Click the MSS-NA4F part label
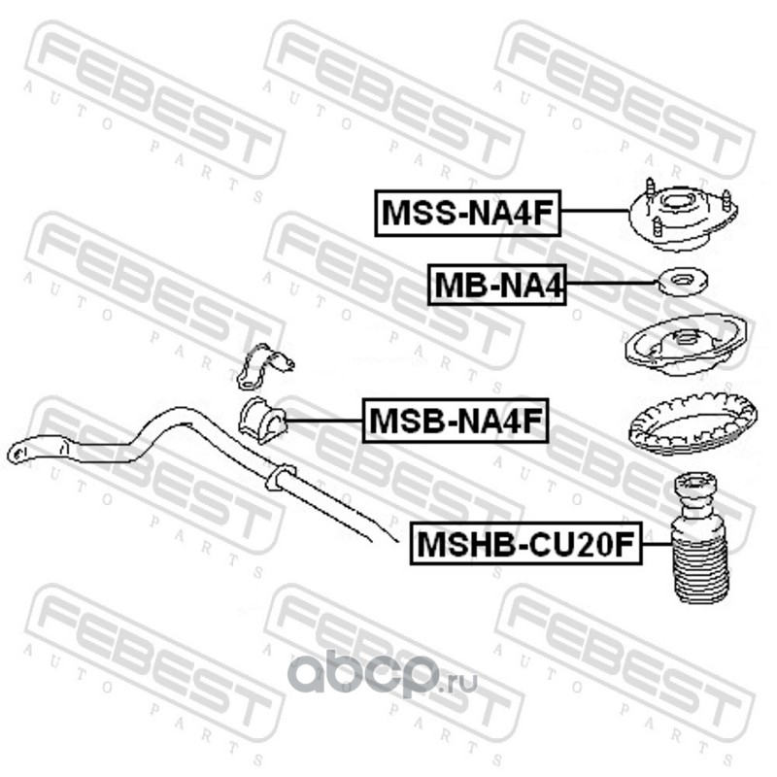[469, 214]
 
